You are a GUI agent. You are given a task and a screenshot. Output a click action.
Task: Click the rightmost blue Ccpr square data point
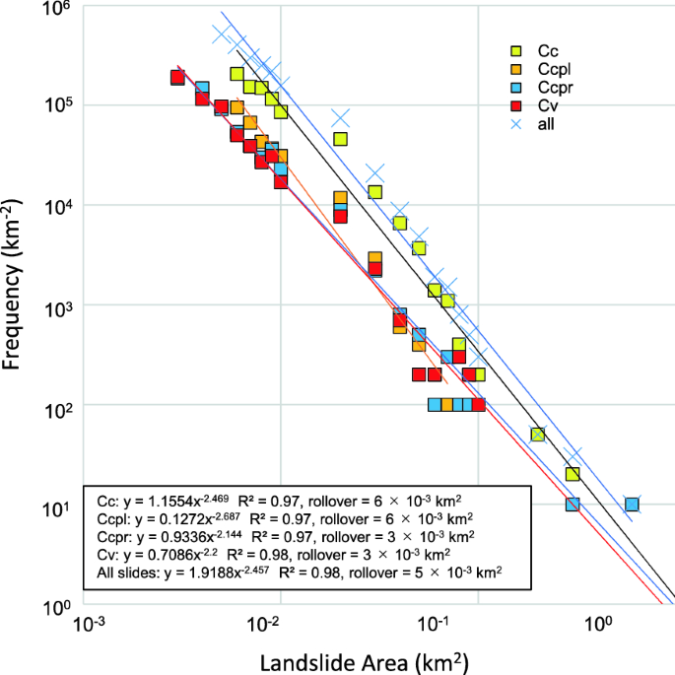[632, 505]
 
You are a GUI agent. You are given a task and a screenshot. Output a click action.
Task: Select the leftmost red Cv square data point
[177, 77]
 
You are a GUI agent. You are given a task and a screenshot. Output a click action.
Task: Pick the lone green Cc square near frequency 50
[538, 435]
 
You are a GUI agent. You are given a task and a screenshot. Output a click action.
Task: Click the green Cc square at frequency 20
[573, 474]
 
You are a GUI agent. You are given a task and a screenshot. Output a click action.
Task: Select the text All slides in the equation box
[127, 573]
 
